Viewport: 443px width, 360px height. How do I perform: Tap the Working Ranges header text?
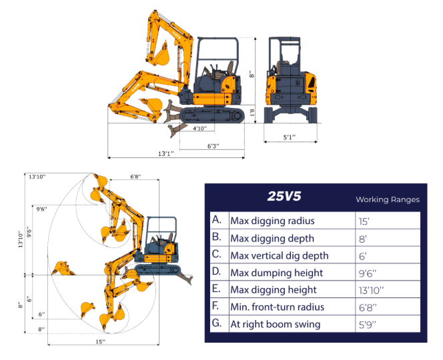[388, 199]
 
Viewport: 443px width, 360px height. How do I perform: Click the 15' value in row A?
[364, 221]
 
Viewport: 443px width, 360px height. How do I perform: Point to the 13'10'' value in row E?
[371, 290]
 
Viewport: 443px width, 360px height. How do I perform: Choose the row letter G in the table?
[217, 325]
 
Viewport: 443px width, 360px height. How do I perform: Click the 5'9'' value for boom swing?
[368, 325]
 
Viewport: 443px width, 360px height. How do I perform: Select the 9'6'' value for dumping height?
[368, 273]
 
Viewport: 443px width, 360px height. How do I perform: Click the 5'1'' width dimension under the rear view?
[289, 137]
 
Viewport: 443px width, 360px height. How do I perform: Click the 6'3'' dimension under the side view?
[213, 145]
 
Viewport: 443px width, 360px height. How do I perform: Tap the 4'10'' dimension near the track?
[199, 128]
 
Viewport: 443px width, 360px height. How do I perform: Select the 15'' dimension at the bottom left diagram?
[100, 341]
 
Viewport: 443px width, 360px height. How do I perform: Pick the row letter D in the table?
[217, 273]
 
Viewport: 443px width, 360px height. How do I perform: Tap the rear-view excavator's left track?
[271, 115]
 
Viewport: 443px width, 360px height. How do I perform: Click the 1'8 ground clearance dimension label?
[252, 114]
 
